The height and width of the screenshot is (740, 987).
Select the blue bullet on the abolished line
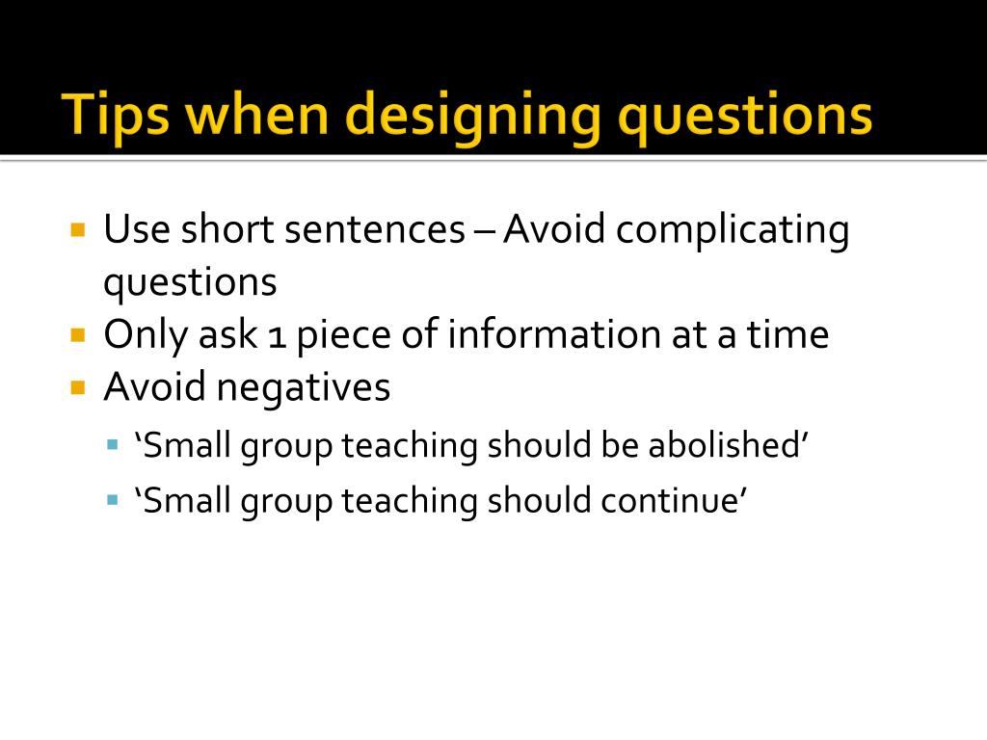click(x=113, y=446)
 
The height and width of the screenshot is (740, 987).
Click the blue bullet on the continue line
click(x=113, y=500)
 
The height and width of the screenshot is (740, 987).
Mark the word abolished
click(x=724, y=446)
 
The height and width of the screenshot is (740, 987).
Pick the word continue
click(x=674, y=501)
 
